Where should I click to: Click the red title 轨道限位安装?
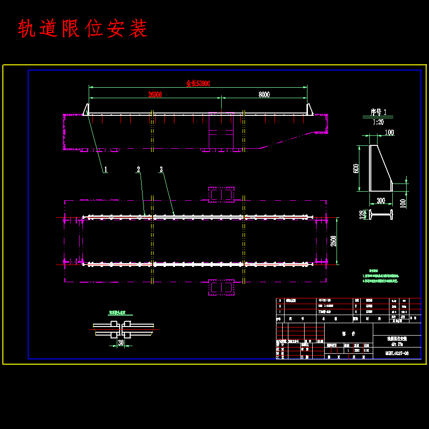click(x=82, y=29)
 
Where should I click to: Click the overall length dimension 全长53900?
click(x=197, y=83)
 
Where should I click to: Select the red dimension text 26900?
click(x=154, y=95)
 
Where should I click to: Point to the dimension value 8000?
click(x=264, y=95)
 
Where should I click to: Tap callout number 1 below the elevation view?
click(x=106, y=169)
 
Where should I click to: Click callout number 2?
click(x=138, y=169)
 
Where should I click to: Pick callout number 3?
click(x=161, y=169)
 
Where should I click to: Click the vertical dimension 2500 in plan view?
click(x=334, y=241)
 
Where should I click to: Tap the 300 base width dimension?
click(x=380, y=201)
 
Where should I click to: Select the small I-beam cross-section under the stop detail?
click(x=382, y=215)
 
